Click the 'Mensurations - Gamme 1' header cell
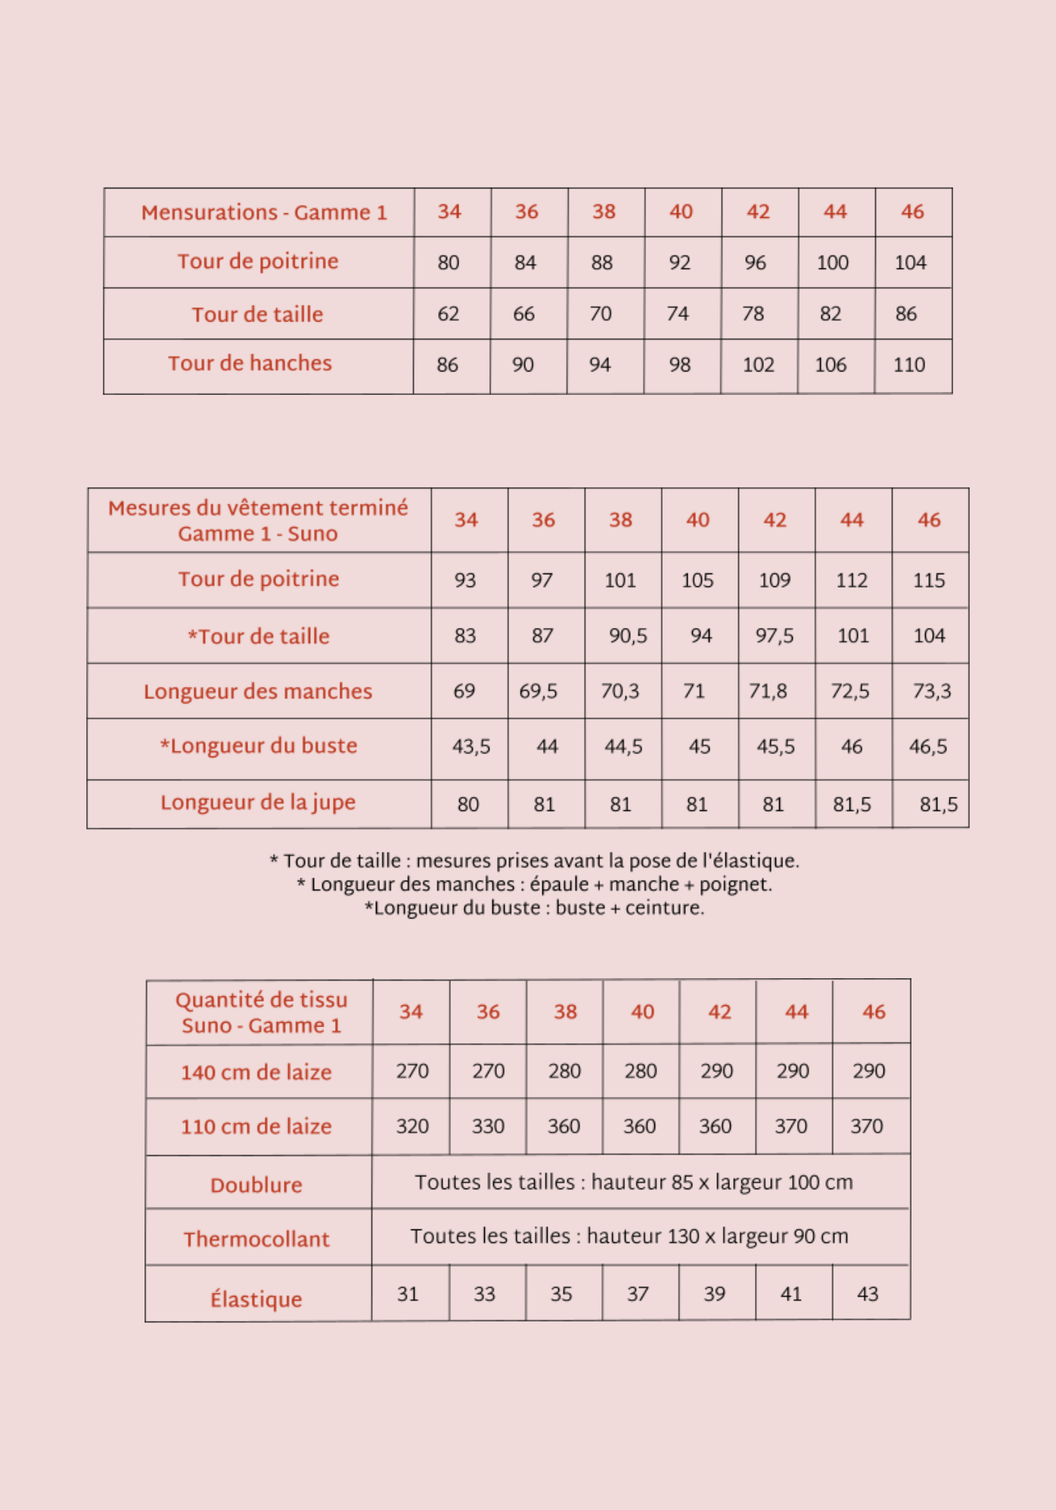(263, 213)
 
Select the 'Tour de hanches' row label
(250, 364)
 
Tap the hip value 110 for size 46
(908, 365)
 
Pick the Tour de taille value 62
(448, 314)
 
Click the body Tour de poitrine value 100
(832, 263)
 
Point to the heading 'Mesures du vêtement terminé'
(258, 508)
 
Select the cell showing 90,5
(628, 636)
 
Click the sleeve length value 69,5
(538, 691)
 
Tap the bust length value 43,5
(471, 747)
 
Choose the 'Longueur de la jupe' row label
(257, 803)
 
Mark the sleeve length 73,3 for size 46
(931, 691)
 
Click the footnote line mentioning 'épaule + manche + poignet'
(534, 884)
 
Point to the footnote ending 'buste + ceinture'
(534, 908)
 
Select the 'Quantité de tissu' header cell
(261, 1012)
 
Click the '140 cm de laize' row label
(256, 1073)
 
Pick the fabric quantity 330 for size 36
(488, 1127)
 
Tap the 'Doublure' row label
(256, 1185)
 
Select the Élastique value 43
(867, 1294)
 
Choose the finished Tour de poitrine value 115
(929, 581)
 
